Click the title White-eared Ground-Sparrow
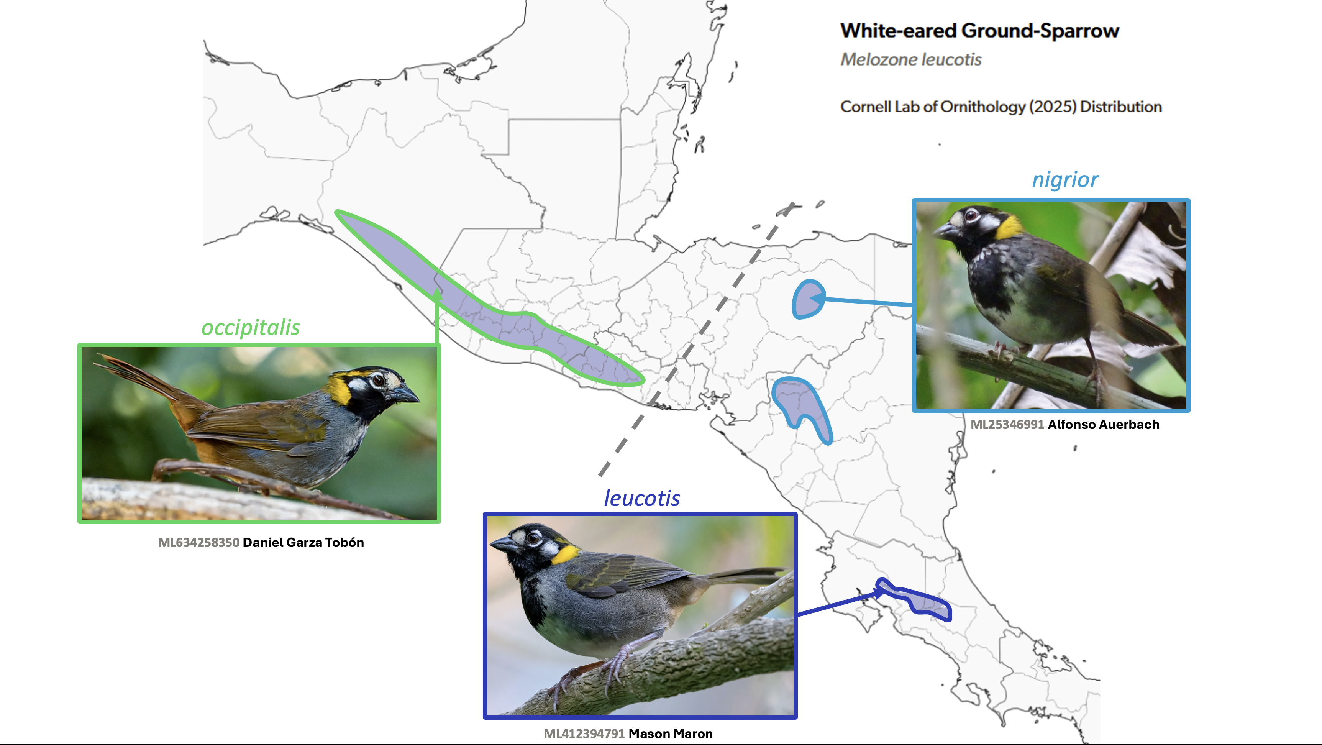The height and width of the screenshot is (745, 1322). click(x=979, y=31)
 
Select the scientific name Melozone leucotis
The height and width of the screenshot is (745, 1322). click(x=910, y=59)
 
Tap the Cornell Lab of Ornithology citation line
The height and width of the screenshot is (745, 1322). click(x=1001, y=107)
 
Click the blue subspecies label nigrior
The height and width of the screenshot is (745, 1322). click(x=1065, y=180)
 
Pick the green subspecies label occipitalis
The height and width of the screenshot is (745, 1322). click(x=251, y=327)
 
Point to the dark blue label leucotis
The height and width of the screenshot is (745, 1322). click(x=641, y=498)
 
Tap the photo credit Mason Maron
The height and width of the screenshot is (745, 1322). click(x=670, y=734)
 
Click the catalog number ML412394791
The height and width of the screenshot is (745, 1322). click(x=584, y=734)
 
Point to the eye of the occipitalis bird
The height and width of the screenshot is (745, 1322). click(x=378, y=380)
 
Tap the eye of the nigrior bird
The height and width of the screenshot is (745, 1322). click(x=971, y=215)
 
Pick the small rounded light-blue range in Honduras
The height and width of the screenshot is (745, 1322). click(x=808, y=299)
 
